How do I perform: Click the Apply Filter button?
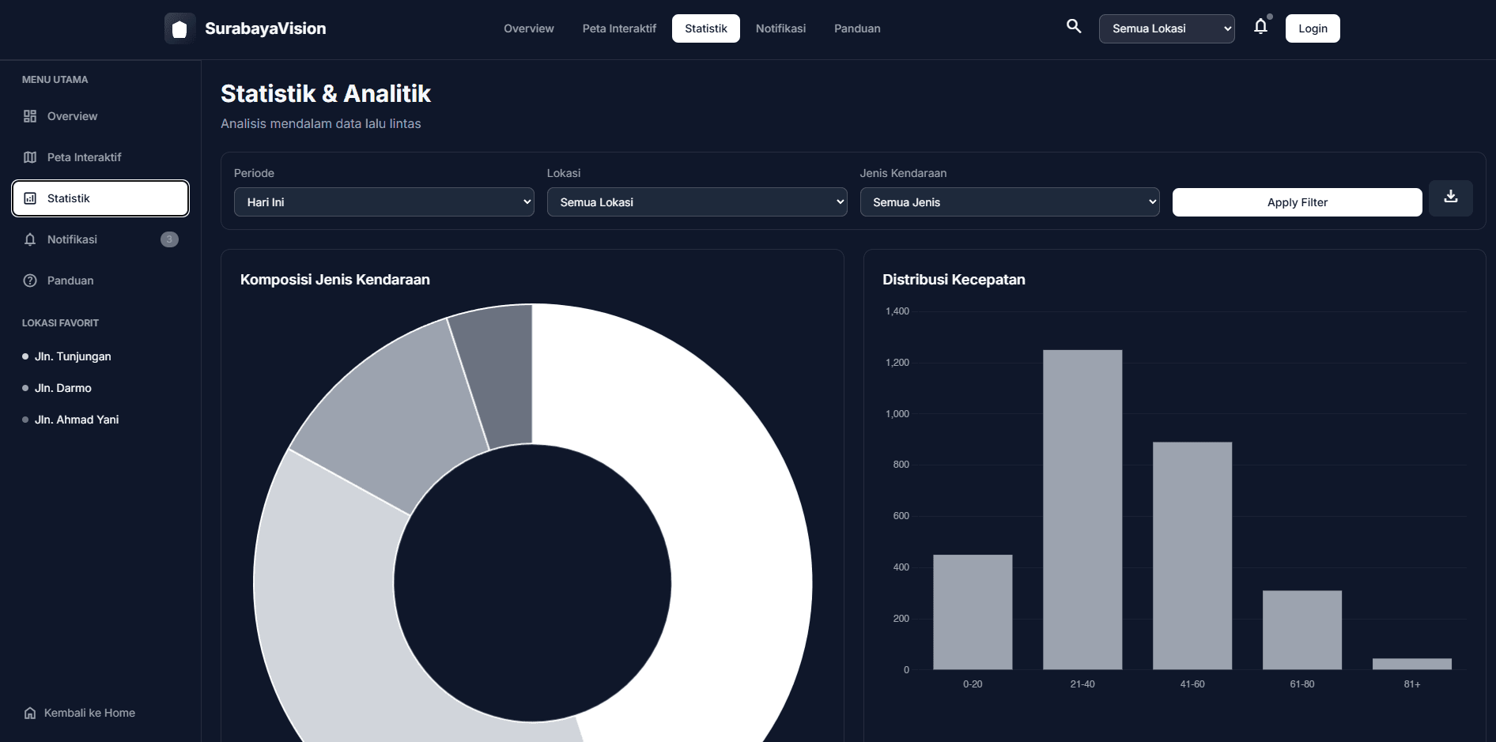click(x=1297, y=202)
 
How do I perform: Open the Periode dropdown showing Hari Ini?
click(x=383, y=202)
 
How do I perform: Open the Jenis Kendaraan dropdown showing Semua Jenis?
click(x=1009, y=202)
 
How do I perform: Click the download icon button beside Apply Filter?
click(x=1450, y=198)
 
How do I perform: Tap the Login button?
click(x=1312, y=28)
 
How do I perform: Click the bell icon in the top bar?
click(x=1260, y=27)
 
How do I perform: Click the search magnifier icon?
click(x=1073, y=26)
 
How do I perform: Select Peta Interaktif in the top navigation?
click(x=619, y=28)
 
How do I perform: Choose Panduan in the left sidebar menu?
click(x=70, y=281)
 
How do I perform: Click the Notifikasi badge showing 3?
click(x=169, y=239)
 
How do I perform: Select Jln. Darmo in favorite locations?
click(x=62, y=388)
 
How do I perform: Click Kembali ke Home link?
click(x=89, y=713)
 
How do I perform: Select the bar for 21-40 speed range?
click(x=1082, y=510)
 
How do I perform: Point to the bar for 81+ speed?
click(x=1411, y=664)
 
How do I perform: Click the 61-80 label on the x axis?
click(x=1301, y=684)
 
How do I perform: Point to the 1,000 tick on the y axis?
click(x=897, y=414)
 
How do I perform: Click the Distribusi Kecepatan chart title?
click(x=954, y=280)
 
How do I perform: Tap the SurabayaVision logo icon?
click(x=179, y=28)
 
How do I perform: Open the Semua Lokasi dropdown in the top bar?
click(x=1165, y=28)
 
